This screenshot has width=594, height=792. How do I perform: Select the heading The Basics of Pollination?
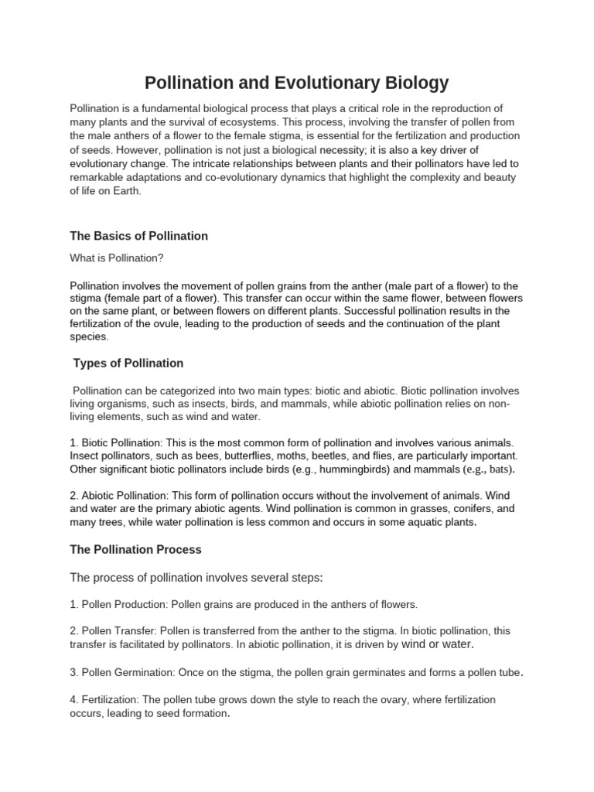[x=138, y=236]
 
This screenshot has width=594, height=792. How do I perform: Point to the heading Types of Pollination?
[x=128, y=363]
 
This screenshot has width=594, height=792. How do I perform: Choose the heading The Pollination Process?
[x=135, y=550]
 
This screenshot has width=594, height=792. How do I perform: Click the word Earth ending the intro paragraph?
[x=126, y=192]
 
